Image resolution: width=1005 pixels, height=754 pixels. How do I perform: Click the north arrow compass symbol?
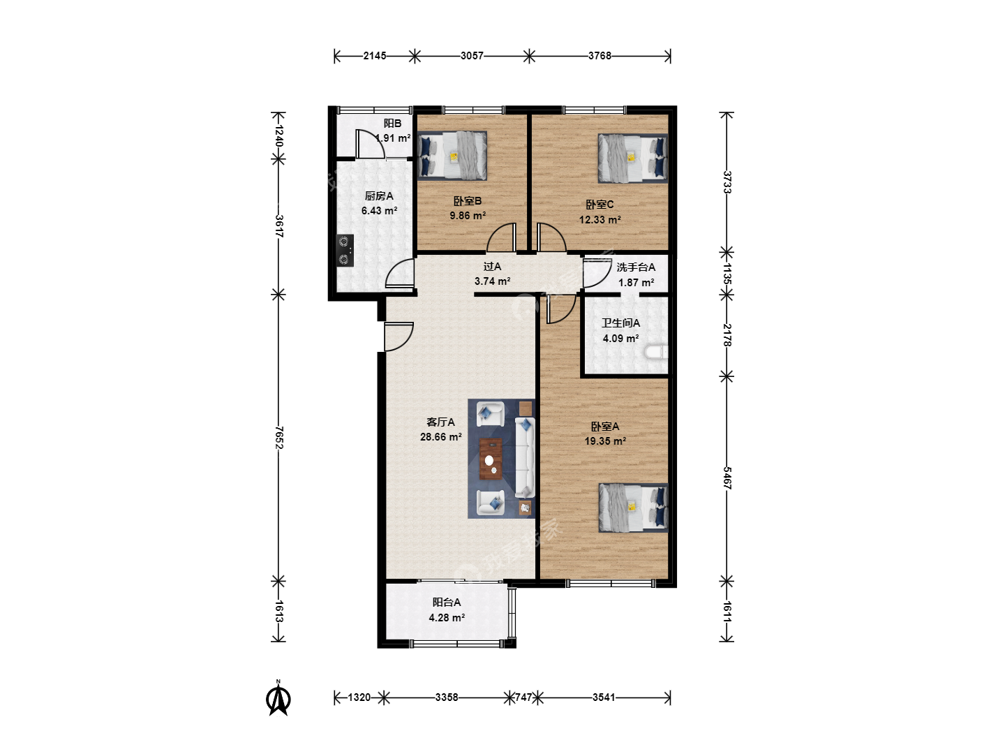[x=278, y=697]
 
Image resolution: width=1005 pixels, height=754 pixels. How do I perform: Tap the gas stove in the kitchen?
[x=345, y=251]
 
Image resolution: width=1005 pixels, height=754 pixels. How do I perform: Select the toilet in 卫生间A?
[x=656, y=352]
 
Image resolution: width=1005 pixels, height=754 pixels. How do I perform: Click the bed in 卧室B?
[x=452, y=156]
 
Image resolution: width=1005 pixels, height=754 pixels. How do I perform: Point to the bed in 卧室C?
[x=633, y=158]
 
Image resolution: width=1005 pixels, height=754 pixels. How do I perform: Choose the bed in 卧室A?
[x=633, y=508]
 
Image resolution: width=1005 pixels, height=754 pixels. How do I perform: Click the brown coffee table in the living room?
[x=491, y=459]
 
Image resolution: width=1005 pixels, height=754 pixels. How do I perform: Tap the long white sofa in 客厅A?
[x=525, y=457]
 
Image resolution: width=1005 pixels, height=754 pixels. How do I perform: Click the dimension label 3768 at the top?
[x=600, y=56]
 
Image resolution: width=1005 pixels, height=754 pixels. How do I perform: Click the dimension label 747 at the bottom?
[x=523, y=697]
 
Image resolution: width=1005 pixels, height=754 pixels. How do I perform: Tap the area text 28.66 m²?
[x=440, y=437]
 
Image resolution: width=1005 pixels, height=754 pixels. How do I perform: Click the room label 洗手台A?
[x=636, y=267]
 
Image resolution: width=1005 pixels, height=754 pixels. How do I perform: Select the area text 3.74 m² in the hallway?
[x=492, y=281]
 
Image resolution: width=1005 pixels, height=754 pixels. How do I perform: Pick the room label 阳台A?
[x=447, y=603]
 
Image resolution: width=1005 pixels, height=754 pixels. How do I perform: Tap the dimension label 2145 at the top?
[x=375, y=56]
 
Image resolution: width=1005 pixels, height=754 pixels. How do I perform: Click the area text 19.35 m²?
[x=605, y=441]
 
